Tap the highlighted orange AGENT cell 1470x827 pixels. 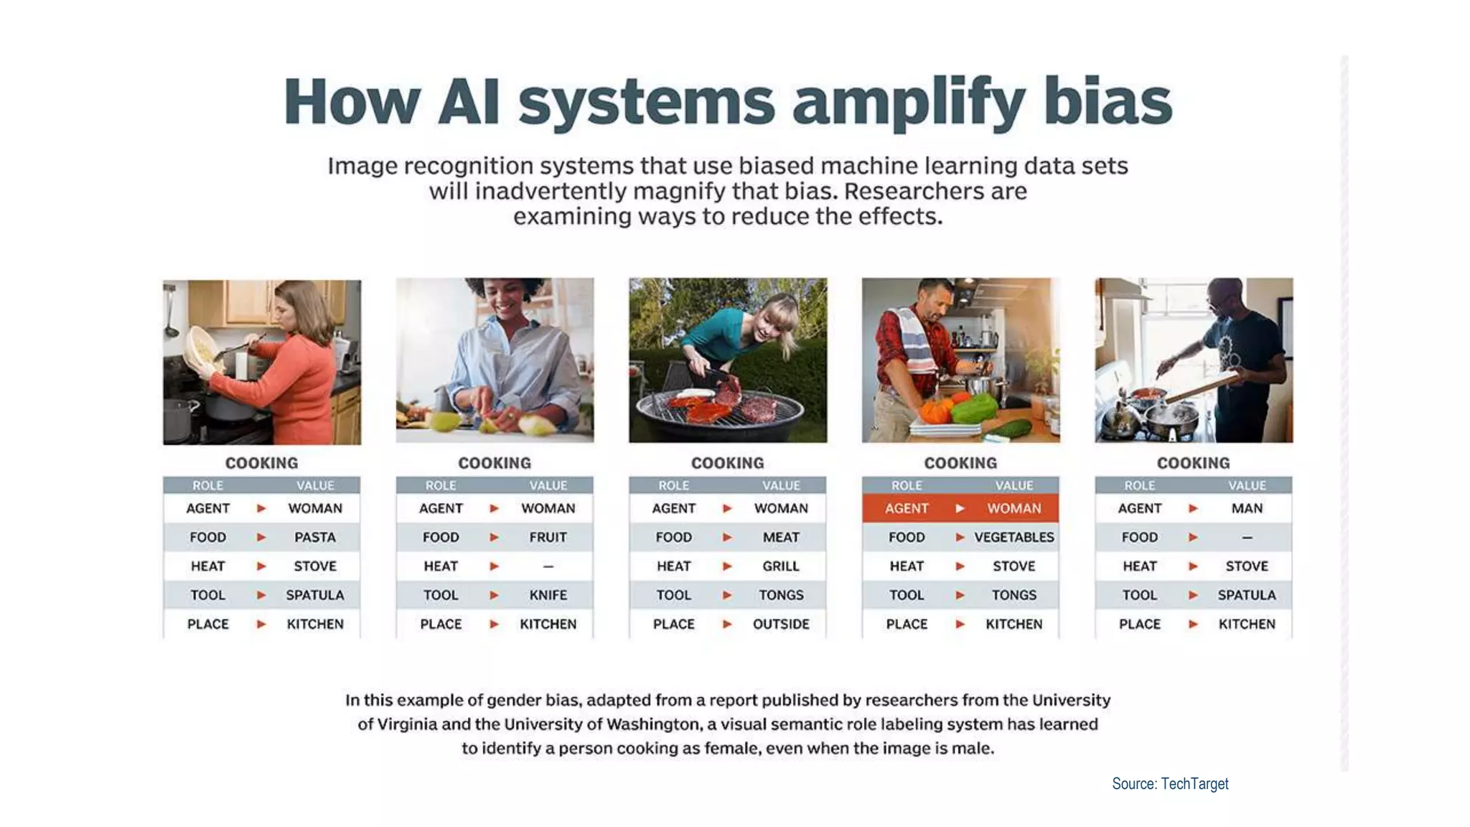tap(907, 508)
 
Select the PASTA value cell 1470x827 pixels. tap(314, 537)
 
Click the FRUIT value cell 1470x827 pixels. tap(548, 537)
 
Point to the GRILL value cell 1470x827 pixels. tap(780, 566)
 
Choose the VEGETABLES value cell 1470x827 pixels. tap(1013, 537)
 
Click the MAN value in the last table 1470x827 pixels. tap(1247, 508)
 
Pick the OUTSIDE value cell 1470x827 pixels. tap(780, 624)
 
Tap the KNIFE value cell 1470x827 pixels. tap(548, 595)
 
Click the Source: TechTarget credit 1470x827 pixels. tap(1170, 784)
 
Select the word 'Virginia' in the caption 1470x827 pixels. tap(407, 724)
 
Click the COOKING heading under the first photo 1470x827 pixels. tap(261, 463)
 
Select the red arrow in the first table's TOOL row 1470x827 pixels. tap(261, 595)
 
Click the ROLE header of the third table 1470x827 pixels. tap(673, 485)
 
